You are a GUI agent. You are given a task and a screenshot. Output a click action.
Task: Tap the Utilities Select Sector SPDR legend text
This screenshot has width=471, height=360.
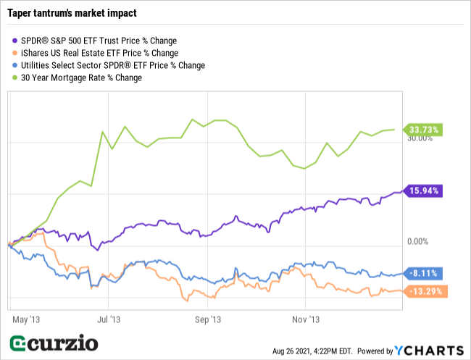click(x=109, y=65)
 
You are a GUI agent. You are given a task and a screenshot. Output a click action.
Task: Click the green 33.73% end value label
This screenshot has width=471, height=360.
click(x=424, y=130)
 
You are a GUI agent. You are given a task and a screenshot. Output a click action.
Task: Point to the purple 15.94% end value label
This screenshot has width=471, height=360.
click(x=424, y=191)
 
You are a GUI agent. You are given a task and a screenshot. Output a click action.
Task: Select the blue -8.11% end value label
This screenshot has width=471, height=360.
click(x=422, y=274)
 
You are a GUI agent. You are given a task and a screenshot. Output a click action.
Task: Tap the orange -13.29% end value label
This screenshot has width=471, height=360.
click(x=424, y=292)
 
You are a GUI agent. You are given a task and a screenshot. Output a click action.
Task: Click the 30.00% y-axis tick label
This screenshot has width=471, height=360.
click(x=420, y=139)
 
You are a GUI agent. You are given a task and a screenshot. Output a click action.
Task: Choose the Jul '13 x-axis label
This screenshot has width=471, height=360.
click(x=108, y=318)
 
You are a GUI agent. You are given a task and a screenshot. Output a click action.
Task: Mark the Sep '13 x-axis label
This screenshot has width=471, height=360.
click(x=207, y=318)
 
